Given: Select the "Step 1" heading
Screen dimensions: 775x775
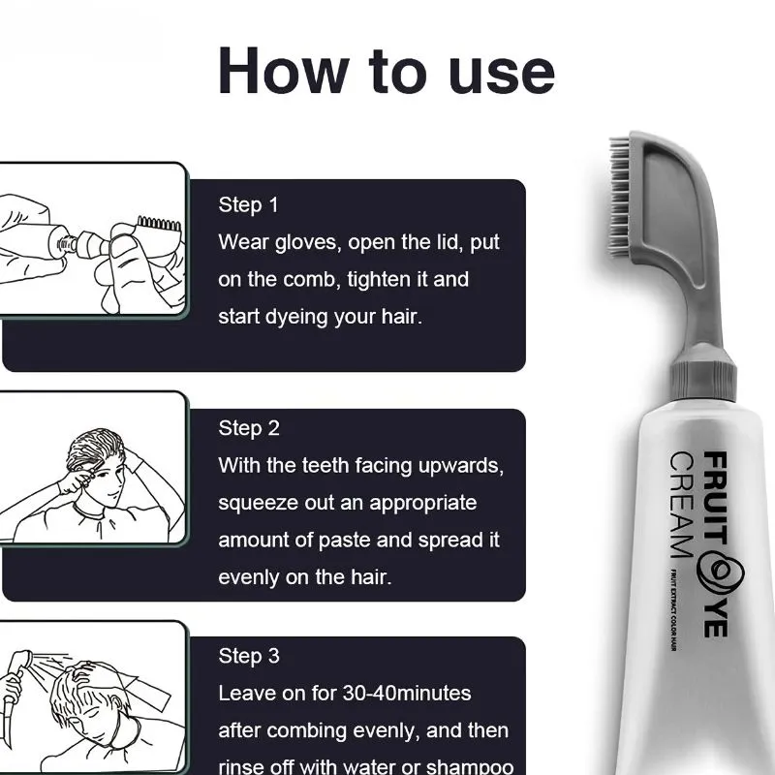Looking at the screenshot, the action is pyautogui.click(x=249, y=204).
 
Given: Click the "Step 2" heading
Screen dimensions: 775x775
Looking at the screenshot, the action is pyautogui.click(x=249, y=428).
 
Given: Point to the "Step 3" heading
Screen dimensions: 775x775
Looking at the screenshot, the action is pyautogui.click(x=249, y=656).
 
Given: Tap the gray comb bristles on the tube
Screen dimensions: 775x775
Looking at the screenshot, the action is pyautogui.click(x=619, y=197).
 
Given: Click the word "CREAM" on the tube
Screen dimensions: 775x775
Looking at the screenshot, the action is pyautogui.click(x=682, y=504).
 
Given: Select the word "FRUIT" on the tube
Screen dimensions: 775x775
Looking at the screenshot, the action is pyautogui.click(x=715, y=499).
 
